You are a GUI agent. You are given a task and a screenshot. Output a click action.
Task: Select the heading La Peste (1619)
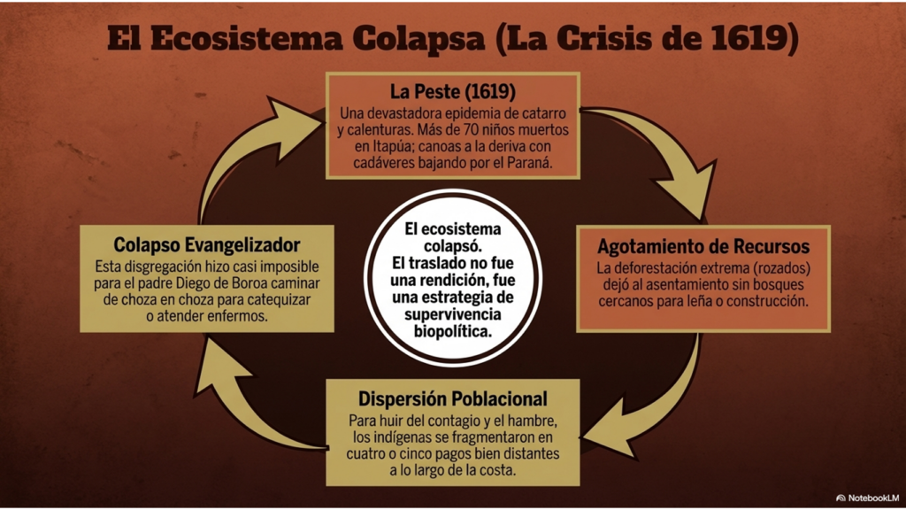coord(452,92)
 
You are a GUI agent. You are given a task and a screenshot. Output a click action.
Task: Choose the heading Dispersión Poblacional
coord(452,399)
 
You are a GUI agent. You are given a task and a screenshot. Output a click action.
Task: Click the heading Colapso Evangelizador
coord(207,244)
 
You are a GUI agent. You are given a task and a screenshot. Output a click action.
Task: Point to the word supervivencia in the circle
coord(452,315)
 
